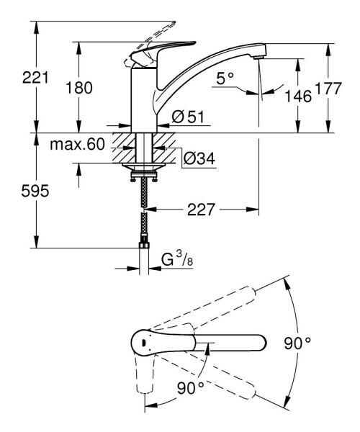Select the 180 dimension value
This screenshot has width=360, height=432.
click(78, 88)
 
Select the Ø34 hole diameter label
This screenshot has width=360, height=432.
click(197, 156)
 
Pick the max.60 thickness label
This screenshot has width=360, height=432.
click(78, 145)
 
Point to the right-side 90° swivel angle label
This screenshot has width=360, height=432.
click(296, 343)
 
